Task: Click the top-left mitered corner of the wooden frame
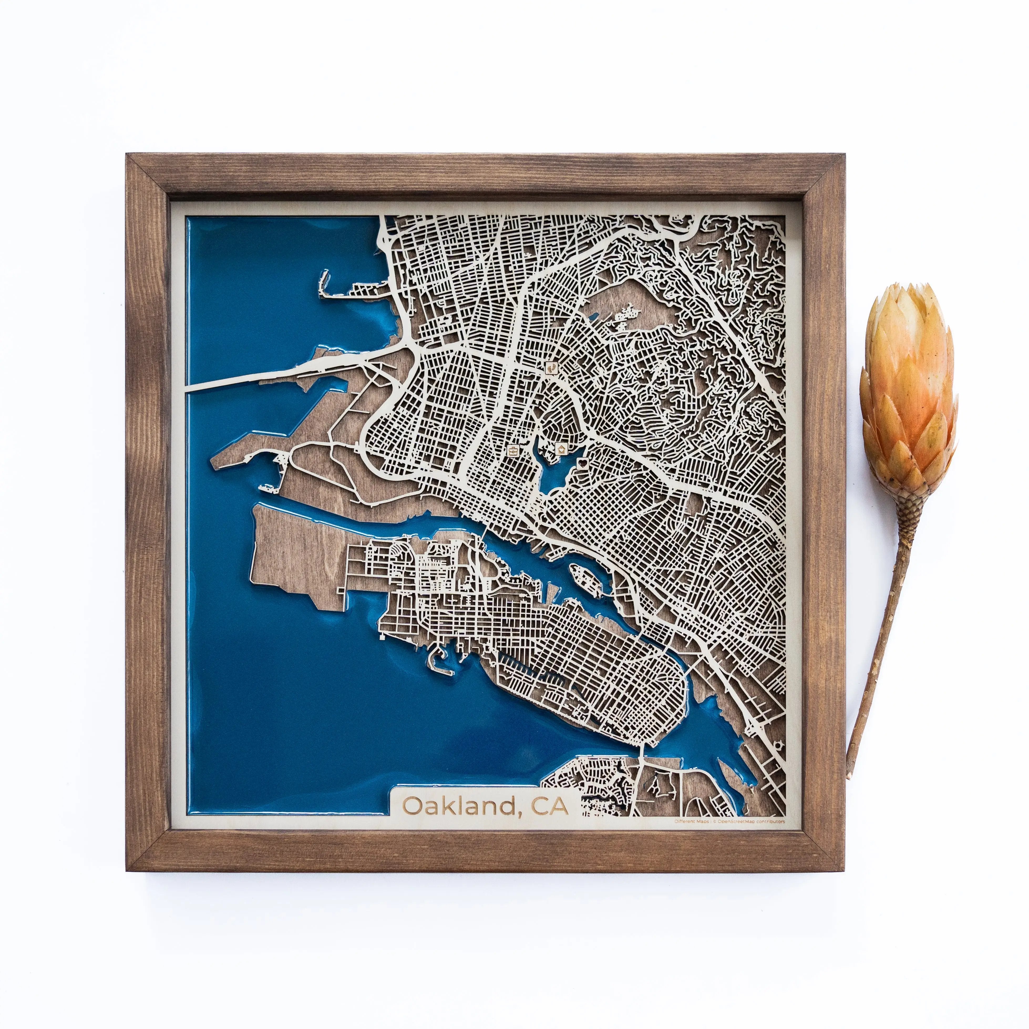133,160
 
